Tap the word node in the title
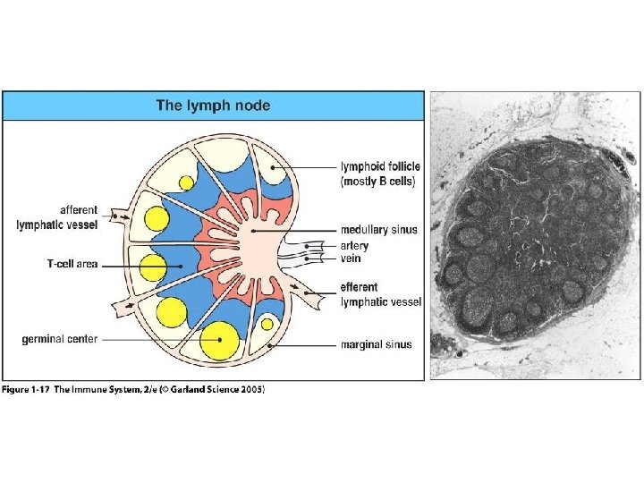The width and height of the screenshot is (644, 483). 252,106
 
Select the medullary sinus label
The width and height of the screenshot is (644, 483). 378,230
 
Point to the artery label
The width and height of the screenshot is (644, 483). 353,245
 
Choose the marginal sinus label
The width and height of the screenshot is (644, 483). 377,343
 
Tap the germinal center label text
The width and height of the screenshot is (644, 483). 60,339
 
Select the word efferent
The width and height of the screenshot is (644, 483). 359,288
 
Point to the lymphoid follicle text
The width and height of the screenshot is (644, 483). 380,166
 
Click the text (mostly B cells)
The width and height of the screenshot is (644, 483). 377,182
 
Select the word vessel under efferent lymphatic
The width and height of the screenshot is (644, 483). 406,301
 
